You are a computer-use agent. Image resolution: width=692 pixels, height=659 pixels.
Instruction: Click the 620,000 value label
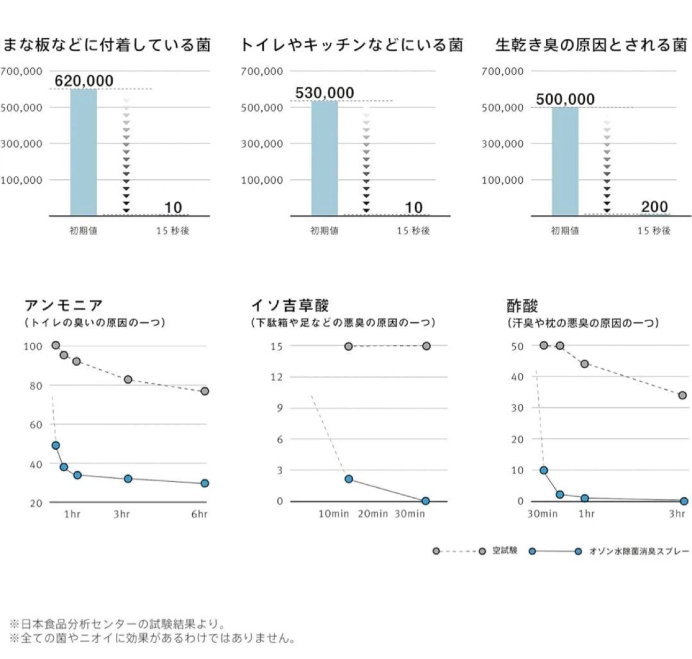pyautogui.click(x=84, y=81)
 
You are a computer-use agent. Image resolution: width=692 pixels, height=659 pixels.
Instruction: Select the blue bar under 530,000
pyautogui.click(x=324, y=158)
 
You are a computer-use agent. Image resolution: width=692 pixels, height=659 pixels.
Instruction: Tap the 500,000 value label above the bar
pyautogui.click(x=565, y=99)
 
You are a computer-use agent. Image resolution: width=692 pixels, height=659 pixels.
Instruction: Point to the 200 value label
pyautogui.click(x=655, y=207)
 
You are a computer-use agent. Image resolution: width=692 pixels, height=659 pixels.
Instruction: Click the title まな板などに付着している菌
pyautogui.click(x=107, y=45)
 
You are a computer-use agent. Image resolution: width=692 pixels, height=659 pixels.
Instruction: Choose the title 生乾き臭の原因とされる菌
pyautogui.click(x=591, y=45)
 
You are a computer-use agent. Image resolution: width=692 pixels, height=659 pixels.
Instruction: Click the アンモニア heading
pyautogui.click(x=64, y=305)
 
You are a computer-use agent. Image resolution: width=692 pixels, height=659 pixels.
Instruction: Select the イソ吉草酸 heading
pyautogui.click(x=290, y=305)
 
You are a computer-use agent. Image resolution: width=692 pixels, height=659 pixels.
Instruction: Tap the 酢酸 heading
pyautogui.click(x=522, y=306)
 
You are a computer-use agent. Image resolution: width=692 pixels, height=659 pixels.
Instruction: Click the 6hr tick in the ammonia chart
pyautogui.click(x=199, y=514)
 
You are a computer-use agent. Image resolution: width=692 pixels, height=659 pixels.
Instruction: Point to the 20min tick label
pyautogui.click(x=373, y=514)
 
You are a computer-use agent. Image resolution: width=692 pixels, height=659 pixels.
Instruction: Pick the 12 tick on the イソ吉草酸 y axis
pyautogui.click(x=277, y=377)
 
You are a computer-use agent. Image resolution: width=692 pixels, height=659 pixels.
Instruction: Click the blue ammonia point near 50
pyautogui.click(x=56, y=445)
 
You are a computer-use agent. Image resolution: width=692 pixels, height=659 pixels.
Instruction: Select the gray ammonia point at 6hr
pyautogui.click(x=205, y=391)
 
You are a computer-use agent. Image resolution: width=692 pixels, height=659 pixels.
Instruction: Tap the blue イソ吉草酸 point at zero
pyautogui.click(x=426, y=501)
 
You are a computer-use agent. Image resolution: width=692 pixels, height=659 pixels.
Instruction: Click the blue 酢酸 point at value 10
pyautogui.click(x=544, y=470)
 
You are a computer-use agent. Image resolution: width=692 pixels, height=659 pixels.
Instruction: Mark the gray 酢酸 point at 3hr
pyautogui.click(x=682, y=395)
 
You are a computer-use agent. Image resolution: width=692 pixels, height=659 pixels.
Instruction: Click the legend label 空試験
pyautogui.click(x=505, y=551)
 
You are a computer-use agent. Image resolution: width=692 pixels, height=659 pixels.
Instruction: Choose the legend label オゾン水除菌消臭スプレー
pyautogui.click(x=639, y=551)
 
